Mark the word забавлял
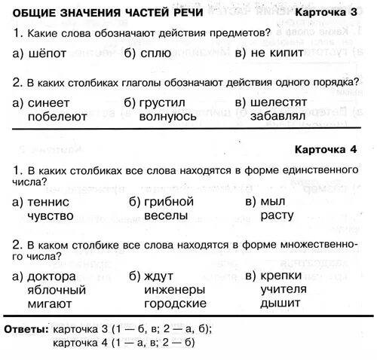pos(277,116)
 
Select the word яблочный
pos(57,289)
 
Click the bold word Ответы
pos(26,329)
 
